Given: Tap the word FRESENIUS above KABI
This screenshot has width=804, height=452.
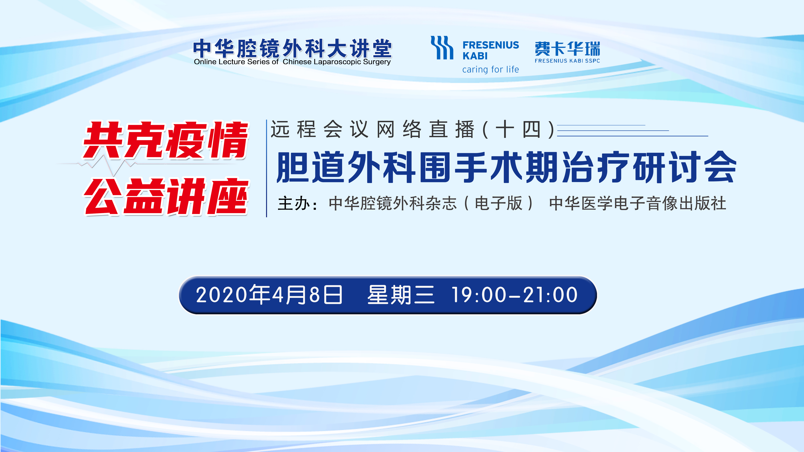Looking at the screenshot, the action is click(x=491, y=45).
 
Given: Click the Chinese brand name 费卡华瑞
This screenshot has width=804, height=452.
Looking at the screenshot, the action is click(x=567, y=49).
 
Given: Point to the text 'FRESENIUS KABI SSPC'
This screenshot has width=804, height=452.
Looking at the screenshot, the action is click(x=567, y=61).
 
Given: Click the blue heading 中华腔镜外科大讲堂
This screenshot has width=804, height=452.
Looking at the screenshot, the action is click(x=292, y=48).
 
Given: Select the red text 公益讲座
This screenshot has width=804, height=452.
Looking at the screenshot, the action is click(x=166, y=196).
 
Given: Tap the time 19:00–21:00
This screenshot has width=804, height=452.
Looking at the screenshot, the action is click(x=514, y=295).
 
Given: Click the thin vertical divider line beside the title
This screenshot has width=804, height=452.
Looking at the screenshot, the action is click(x=267, y=168).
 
